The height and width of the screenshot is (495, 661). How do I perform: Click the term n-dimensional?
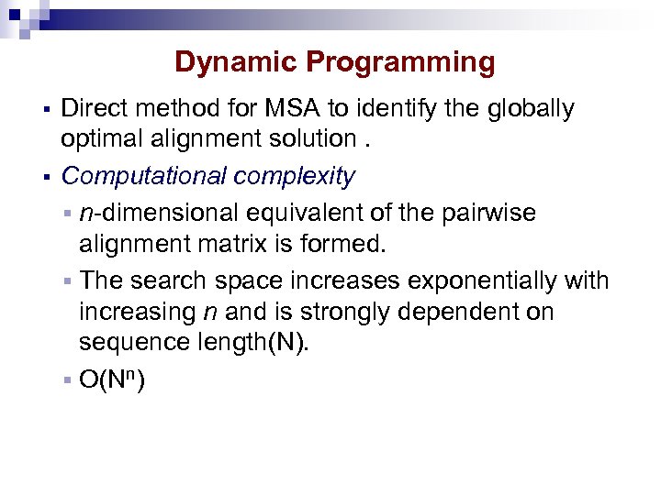click(158, 214)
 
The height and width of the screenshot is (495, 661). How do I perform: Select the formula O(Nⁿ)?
click(112, 379)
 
